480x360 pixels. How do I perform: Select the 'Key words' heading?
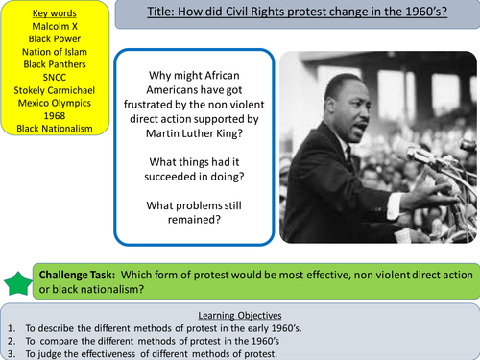point(53,16)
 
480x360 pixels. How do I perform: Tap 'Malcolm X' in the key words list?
point(53,29)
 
